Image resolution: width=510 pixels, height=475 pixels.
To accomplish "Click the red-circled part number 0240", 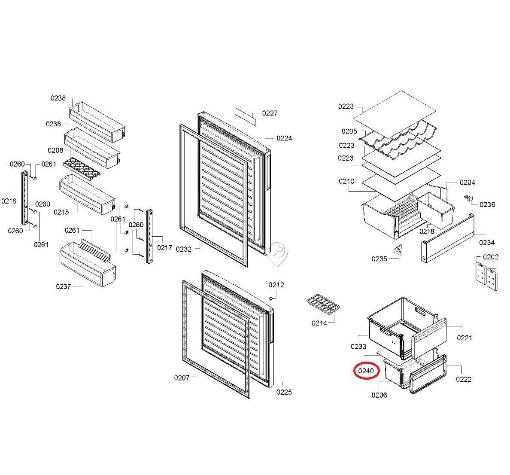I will tap(366, 371).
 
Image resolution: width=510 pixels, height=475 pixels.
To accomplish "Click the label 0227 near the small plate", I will tap(270, 113).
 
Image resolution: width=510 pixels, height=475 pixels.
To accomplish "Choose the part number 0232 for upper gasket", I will tap(184, 249).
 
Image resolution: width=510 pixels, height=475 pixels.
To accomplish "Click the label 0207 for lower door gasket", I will tap(182, 378).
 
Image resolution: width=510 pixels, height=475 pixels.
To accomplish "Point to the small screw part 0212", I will tap(271, 298).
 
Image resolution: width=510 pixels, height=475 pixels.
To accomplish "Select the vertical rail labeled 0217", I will tap(149, 236).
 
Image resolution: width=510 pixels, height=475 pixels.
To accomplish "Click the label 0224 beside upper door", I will tap(284, 138).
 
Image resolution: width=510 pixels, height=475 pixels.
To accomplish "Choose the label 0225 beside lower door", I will tap(284, 392).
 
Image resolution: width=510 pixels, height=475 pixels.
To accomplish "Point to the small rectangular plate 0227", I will tap(245, 116).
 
